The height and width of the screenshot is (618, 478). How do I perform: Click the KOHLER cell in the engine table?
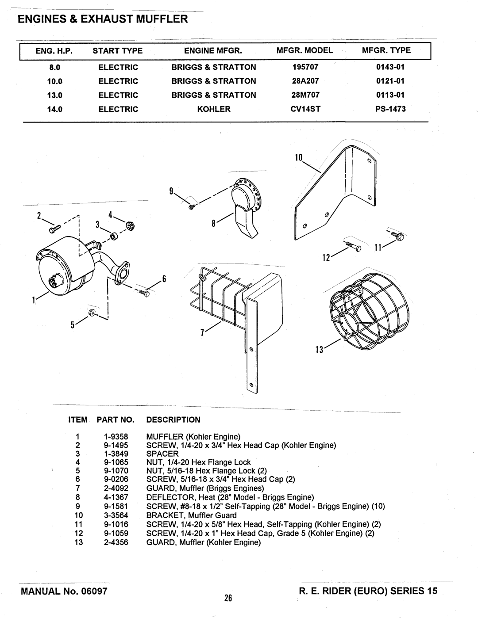coord(214,109)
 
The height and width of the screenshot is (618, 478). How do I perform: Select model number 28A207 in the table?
coord(305,81)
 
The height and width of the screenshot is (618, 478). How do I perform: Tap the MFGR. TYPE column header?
coord(386,50)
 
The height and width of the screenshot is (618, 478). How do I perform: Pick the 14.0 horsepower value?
coord(55,109)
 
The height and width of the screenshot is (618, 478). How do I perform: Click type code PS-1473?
coord(390,109)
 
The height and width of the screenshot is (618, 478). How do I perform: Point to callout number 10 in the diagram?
coord(299,157)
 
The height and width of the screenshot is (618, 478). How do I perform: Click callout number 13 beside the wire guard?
coord(319,349)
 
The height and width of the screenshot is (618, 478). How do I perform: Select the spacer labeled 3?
coord(115,236)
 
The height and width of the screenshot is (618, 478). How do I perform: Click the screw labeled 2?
coord(55,229)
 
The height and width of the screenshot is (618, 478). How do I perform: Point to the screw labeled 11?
coord(398,235)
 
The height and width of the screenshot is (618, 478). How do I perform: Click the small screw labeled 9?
coord(192,207)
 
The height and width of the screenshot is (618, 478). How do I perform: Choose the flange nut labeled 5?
coord(92,313)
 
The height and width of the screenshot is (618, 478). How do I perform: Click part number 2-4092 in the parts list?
coord(116,488)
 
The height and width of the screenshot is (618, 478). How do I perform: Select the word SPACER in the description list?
coord(162,454)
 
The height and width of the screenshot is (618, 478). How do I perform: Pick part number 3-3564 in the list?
coord(116,515)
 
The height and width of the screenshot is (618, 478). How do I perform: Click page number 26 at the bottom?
coord(228,598)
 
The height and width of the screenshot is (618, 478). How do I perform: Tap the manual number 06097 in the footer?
coord(94,591)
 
